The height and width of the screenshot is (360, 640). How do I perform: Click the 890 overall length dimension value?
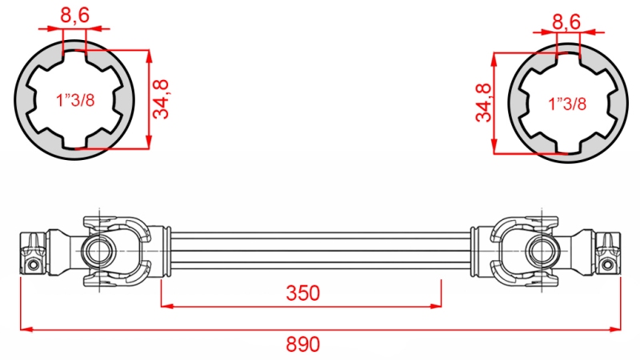point(303,345)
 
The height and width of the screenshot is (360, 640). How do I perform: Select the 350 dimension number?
point(303,293)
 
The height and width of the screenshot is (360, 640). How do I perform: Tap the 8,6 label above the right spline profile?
point(566,22)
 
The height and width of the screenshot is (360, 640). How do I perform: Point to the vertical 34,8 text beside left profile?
point(163,99)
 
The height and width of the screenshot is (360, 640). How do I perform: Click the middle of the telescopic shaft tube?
point(320,250)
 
